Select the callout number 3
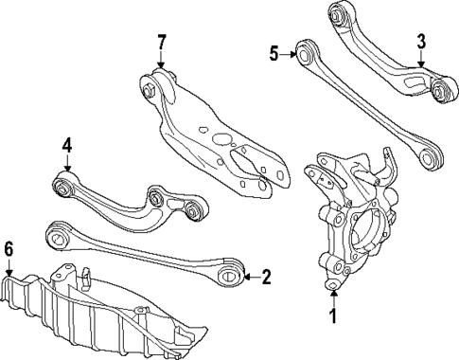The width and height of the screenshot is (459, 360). (x=421, y=42)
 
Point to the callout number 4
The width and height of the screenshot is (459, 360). (x=66, y=146)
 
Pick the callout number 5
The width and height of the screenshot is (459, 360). (x=274, y=54)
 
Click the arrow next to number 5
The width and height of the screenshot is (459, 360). (x=288, y=54)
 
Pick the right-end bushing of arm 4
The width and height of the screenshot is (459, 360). (x=193, y=208)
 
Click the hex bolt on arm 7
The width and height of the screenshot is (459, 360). (x=150, y=92)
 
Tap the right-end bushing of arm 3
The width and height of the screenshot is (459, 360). (x=440, y=91)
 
